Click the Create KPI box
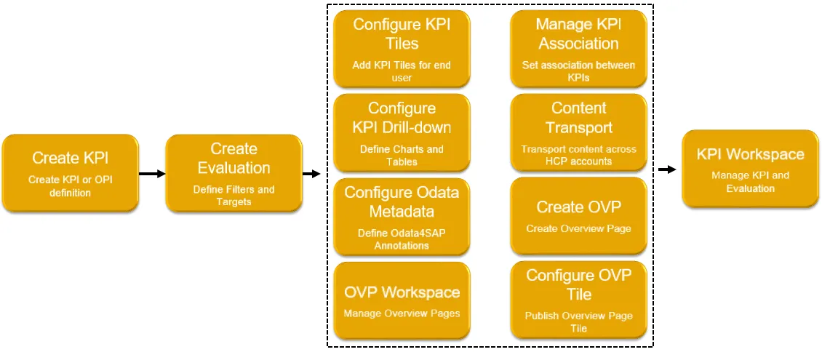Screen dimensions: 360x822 (x=70, y=172)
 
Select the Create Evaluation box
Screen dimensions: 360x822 (x=234, y=173)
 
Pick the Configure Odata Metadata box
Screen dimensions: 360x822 (x=402, y=217)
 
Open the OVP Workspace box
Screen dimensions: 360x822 (x=402, y=300)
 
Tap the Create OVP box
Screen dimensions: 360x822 (x=578, y=216)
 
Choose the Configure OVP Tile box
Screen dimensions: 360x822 (x=578, y=300)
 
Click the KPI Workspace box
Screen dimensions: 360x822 (x=750, y=169)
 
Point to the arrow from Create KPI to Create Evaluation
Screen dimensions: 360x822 (x=152, y=174)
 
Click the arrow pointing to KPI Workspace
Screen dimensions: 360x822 (x=666, y=169)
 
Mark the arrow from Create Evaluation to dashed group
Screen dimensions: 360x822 (x=311, y=174)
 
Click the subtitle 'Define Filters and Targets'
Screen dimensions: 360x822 (x=234, y=196)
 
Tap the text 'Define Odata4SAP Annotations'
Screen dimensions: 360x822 (x=402, y=240)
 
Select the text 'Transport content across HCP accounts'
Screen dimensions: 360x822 (x=578, y=155)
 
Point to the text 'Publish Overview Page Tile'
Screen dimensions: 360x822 (x=578, y=322)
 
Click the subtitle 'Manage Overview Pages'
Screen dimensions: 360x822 (x=402, y=314)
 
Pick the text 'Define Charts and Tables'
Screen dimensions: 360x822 (x=402, y=155)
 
